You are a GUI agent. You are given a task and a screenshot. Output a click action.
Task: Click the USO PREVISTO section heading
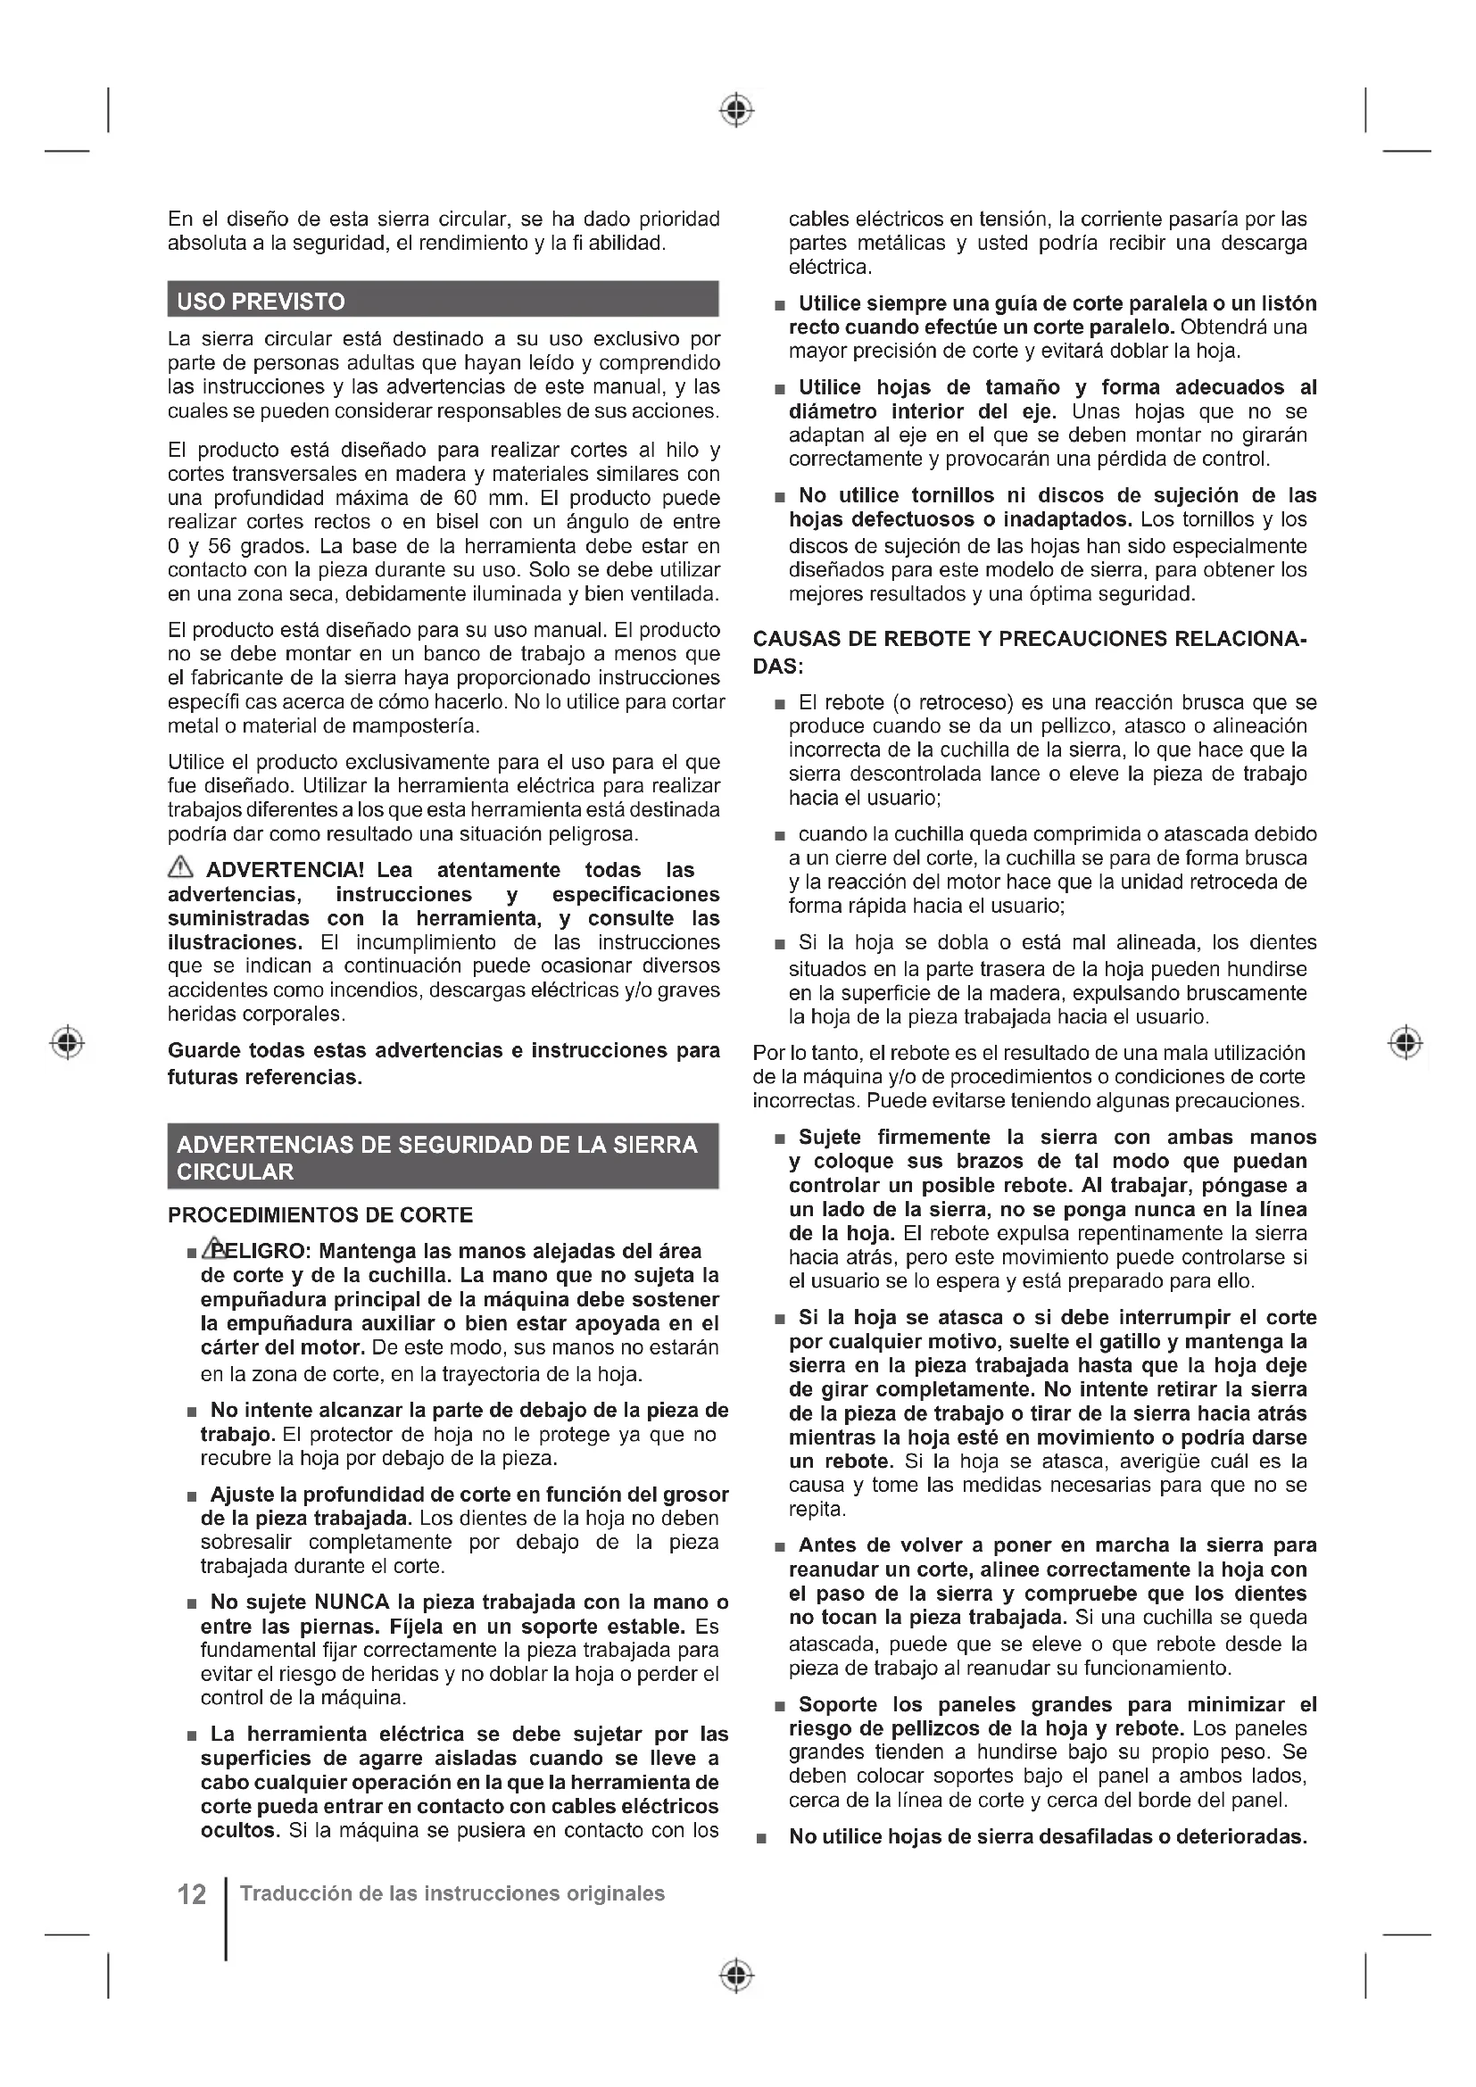pos(261,302)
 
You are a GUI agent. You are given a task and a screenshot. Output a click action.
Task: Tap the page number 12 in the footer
pos(192,1895)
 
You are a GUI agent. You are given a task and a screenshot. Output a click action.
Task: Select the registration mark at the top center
pos(737,110)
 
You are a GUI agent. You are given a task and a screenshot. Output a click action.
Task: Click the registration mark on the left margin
pos(67,1041)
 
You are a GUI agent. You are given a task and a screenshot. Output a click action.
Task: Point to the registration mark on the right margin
pos(1406,1041)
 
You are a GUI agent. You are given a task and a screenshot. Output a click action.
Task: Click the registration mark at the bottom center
pos(737,1976)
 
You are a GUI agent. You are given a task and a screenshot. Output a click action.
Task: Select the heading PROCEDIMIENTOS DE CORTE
pos(320,1215)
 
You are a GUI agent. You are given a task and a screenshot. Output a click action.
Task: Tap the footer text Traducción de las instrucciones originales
pos(452,1894)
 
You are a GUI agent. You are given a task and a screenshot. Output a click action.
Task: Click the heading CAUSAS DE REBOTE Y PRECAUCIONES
pos(1029,639)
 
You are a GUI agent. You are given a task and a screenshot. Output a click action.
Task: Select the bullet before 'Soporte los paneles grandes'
pos(779,1706)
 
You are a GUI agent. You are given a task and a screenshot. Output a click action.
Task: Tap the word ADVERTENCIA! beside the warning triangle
pos(286,870)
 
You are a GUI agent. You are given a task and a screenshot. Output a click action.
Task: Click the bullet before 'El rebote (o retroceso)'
pos(779,705)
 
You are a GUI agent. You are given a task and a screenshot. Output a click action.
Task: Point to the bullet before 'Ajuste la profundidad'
pos(192,1496)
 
